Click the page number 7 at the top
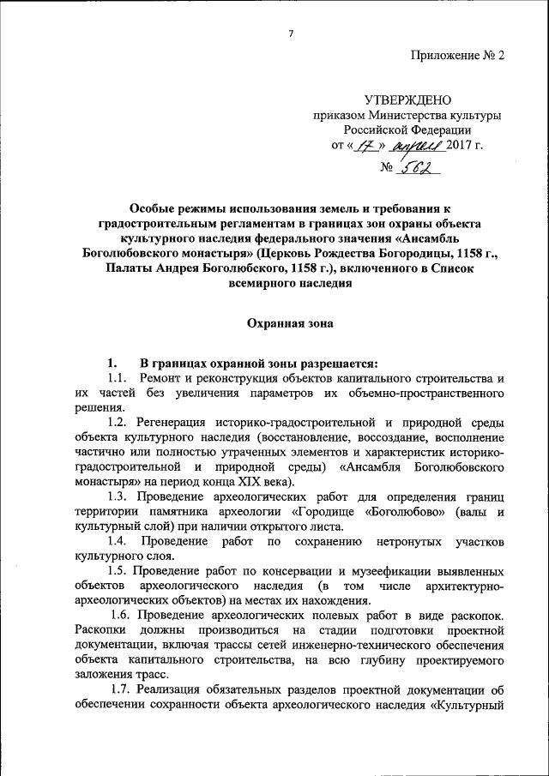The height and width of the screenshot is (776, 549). [x=291, y=33]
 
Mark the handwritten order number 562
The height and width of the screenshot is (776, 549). [x=419, y=167]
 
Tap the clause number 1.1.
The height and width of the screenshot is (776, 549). [x=118, y=378]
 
